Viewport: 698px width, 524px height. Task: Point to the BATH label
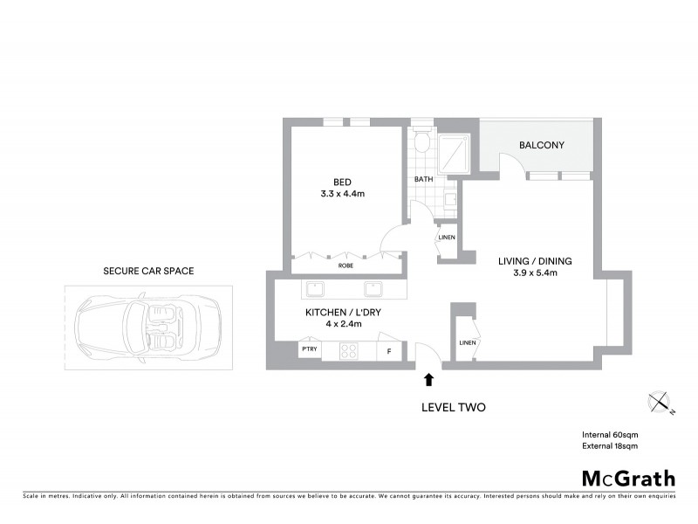click(423, 180)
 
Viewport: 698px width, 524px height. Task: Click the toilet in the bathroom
click(421, 141)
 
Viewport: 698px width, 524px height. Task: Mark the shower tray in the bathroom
click(454, 152)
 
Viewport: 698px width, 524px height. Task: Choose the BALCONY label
click(541, 145)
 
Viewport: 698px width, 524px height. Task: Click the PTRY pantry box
click(309, 351)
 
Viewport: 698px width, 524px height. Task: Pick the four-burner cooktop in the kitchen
click(349, 351)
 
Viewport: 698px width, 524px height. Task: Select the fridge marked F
click(388, 351)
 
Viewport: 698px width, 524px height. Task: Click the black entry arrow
click(428, 379)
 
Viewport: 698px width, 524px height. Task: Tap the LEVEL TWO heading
click(453, 407)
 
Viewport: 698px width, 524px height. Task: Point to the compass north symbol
click(660, 403)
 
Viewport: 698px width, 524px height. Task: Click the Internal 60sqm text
click(610, 434)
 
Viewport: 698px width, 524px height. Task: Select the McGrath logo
click(628, 478)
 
